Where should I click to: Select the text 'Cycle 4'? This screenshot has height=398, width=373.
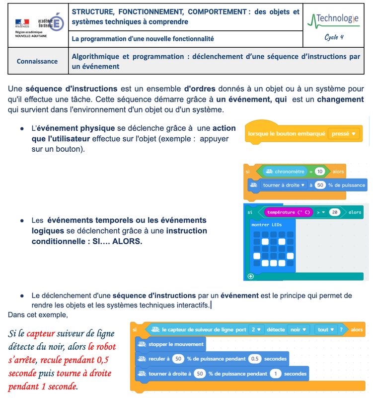coord(334,37)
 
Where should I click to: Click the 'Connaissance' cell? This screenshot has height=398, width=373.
coord(37,61)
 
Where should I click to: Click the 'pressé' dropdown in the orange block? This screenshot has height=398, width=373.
coord(343,133)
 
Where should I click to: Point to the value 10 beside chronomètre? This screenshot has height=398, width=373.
coord(320,172)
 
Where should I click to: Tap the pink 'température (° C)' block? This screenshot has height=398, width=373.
coord(288,212)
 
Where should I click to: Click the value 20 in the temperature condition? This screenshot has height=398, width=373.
coord(335,212)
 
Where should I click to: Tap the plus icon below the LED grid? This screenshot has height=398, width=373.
coord(250,276)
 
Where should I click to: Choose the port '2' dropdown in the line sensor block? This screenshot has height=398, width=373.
coord(256,329)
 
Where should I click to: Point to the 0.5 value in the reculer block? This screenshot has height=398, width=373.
coord(254,358)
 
